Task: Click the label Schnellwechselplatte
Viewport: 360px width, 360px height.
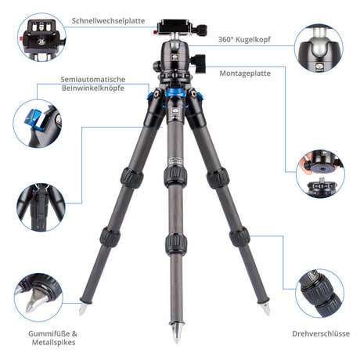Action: coord(108,21)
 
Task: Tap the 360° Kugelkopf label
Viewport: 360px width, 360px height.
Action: coord(244,40)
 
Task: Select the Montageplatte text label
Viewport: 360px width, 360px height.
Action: coord(245,74)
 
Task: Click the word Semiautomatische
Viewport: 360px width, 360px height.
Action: coord(93,79)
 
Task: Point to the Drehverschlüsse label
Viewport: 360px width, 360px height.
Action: coord(321,333)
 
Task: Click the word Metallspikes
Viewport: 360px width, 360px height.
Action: coord(54,342)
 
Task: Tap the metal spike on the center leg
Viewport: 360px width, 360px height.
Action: coord(177,333)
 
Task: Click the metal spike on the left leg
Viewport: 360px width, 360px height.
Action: coord(83,308)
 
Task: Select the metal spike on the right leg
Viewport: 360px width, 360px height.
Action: coord(265,308)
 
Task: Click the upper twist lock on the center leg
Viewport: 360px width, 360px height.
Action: coord(175,176)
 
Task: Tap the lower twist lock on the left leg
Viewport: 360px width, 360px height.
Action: coord(110,237)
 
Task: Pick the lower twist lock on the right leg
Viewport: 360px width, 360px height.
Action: coord(239,237)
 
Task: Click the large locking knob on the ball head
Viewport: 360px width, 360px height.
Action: coord(198,63)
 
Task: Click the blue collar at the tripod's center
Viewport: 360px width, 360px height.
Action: coord(175,92)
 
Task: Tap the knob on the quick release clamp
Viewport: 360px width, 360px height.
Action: coord(200,30)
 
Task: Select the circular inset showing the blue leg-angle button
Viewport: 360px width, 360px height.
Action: coord(38,124)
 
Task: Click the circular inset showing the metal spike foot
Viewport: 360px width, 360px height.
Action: coord(38,297)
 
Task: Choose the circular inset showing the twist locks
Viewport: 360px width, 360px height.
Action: coord(319,293)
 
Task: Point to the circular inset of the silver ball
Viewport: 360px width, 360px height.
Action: coord(319,48)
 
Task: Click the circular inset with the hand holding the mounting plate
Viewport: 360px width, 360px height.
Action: coord(320,173)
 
